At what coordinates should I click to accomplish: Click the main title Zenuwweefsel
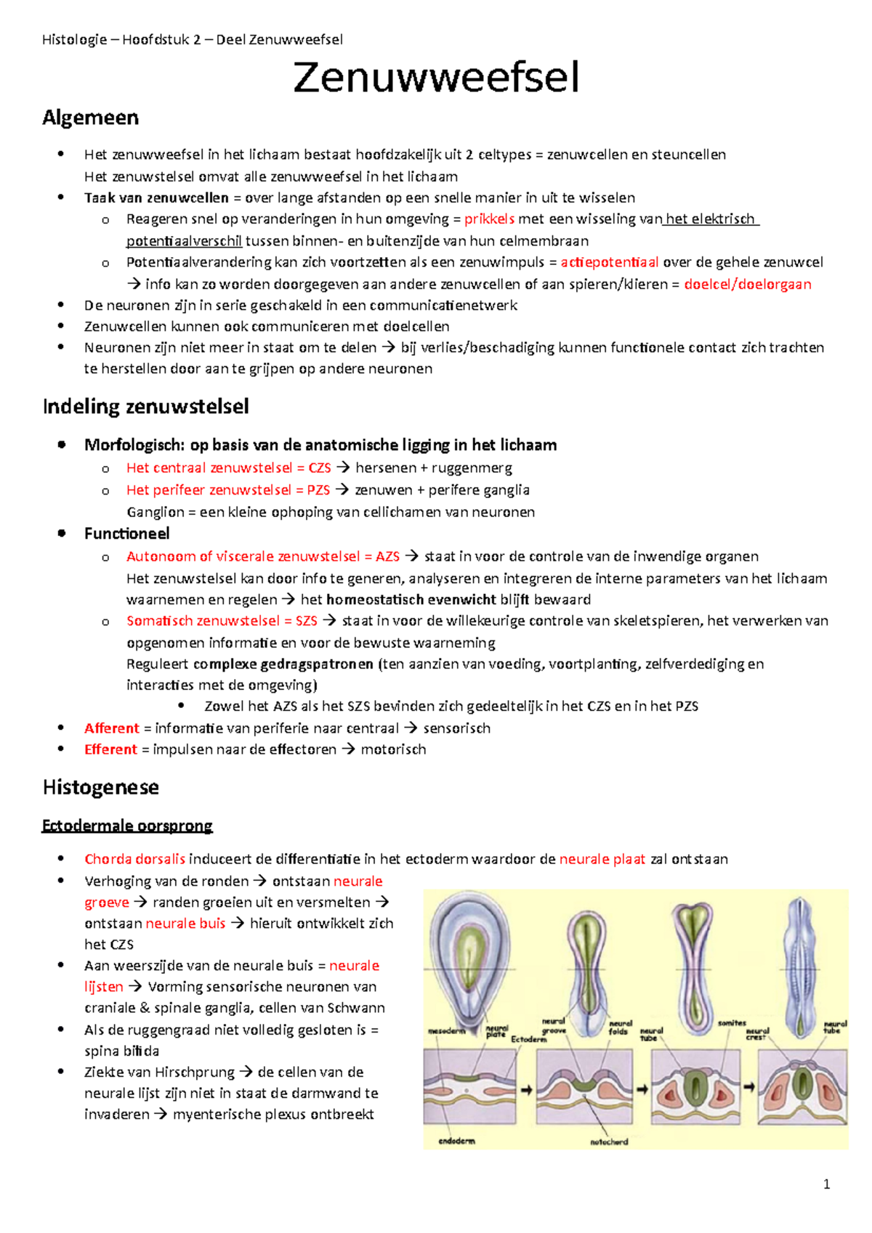(x=436, y=78)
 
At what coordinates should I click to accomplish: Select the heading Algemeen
(x=90, y=118)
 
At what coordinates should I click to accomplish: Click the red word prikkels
(x=489, y=219)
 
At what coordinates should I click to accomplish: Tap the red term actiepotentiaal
(x=610, y=262)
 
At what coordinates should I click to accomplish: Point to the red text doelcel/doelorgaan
(x=747, y=284)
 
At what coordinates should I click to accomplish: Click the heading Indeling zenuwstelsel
(x=145, y=406)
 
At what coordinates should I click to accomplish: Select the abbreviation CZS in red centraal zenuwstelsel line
(x=320, y=468)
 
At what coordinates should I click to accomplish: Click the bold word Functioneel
(x=126, y=534)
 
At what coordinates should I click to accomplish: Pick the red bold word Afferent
(x=111, y=728)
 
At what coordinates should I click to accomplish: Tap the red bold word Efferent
(x=110, y=749)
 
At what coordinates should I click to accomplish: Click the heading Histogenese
(x=100, y=787)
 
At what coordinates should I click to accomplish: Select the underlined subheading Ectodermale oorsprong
(x=127, y=826)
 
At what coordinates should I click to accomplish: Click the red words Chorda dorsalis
(x=134, y=859)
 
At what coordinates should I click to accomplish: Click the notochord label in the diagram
(x=609, y=1142)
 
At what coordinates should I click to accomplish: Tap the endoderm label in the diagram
(x=456, y=1141)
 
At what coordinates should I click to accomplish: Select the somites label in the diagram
(x=732, y=1023)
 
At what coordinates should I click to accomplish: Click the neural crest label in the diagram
(x=757, y=1034)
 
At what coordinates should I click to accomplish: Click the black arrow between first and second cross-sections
(x=526, y=1089)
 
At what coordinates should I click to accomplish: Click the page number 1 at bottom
(x=826, y=1184)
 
